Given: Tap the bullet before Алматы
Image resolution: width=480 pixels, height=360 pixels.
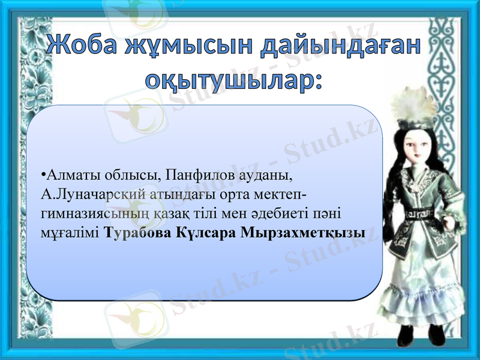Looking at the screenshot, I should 44,176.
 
